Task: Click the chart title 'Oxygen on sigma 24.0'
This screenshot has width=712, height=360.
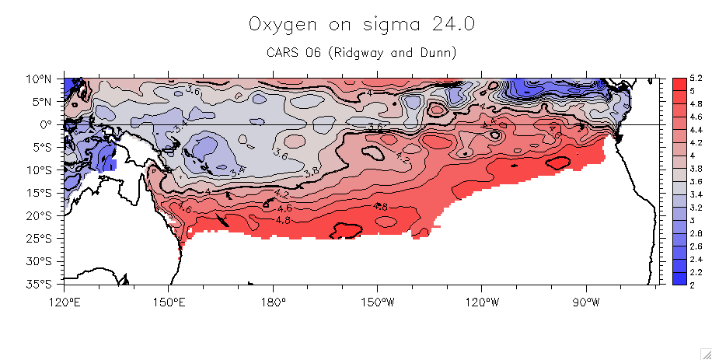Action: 361,24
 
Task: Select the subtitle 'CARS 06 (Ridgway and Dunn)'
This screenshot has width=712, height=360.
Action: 361,53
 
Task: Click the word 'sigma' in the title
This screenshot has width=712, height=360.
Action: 388,26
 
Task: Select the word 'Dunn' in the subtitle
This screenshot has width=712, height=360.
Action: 438,53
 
